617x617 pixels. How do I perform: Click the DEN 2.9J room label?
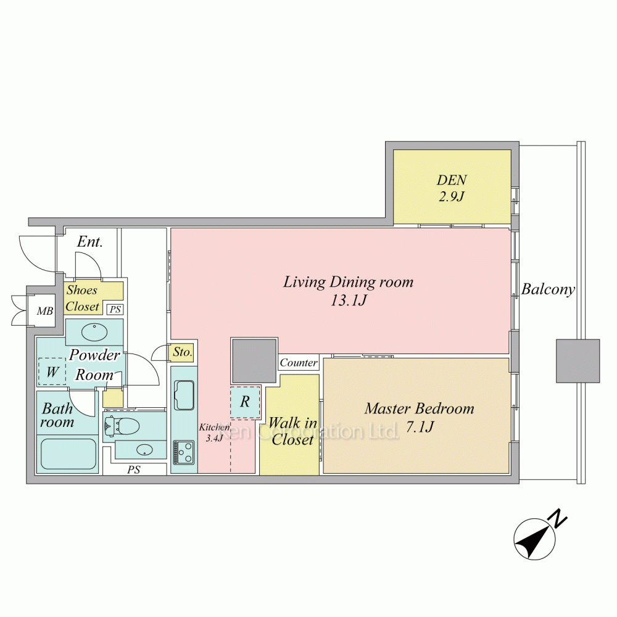tap(452, 188)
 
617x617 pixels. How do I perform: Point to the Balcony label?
tap(548, 289)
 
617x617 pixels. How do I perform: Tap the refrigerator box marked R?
tap(245, 402)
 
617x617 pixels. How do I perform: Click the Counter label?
tap(299, 363)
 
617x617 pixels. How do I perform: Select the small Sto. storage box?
tap(182, 353)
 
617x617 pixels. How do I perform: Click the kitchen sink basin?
tap(184, 395)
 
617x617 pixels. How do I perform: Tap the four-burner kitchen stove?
tap(184, 452)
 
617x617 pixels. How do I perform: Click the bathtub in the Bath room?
tap(67, 455)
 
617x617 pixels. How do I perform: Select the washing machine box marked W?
tap(52, 372)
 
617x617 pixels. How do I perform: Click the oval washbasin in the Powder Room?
tap(94, 332)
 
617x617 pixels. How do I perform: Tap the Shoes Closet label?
tap(83, 298)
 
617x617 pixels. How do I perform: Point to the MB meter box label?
tap(44, 312)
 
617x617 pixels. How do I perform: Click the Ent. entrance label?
tap(89, 242)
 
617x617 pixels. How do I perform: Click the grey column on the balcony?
tap(578, 361)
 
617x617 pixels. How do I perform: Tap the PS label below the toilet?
tap(134, 470)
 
